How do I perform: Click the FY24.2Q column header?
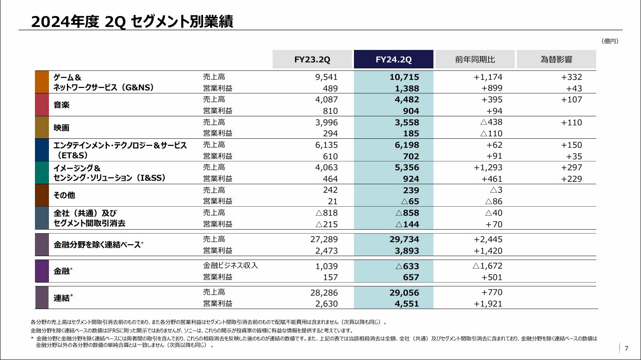point(393,59)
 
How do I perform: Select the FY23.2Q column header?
point(312,59)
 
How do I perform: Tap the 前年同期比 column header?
point(475,59)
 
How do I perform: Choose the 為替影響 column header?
point(556,59)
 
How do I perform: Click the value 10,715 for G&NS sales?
point(404,77)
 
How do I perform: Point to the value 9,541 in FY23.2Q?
point(327,77)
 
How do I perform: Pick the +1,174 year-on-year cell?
point(488,77)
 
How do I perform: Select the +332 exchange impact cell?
point(571,77)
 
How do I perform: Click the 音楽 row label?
point(62,105)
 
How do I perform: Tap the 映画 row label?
point(62,127)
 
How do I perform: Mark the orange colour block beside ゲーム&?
point(41,82)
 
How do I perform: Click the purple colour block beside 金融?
point(41,271)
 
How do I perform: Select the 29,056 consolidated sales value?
point(404,293)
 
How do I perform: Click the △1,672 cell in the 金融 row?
point(487,266)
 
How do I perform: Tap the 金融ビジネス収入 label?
point(230,266)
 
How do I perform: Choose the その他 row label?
point(64,195)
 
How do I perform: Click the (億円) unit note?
point(610,41)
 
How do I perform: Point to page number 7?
point(626,349)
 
